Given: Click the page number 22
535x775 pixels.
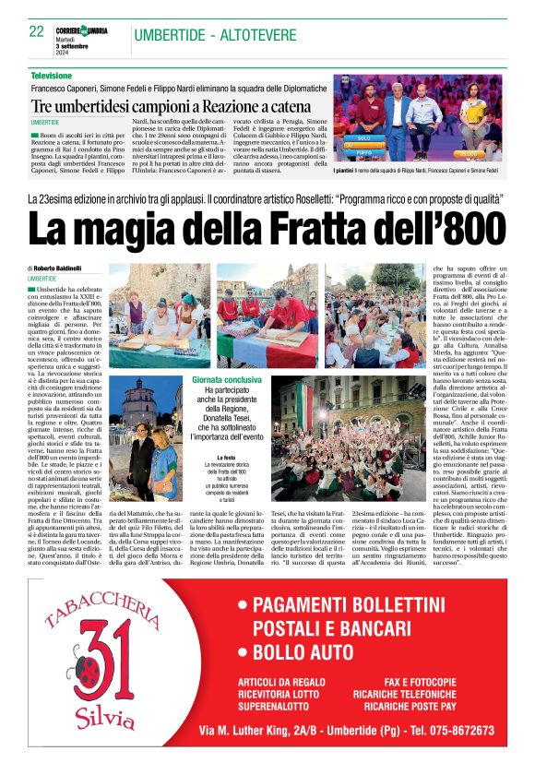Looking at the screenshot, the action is point(37,31).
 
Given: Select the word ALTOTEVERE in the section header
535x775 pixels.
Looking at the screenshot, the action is point(244,35).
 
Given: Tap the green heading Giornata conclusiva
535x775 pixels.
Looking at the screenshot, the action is point(225,354).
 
